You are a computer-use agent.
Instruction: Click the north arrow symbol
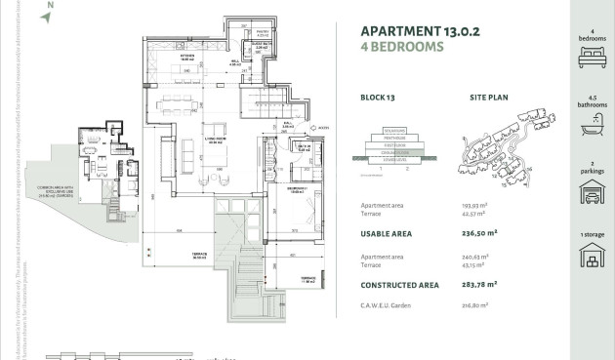tap(46, 15)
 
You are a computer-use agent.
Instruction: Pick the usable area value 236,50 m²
tap(488, 234)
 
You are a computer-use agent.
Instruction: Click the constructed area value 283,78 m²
tap(488, 284)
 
